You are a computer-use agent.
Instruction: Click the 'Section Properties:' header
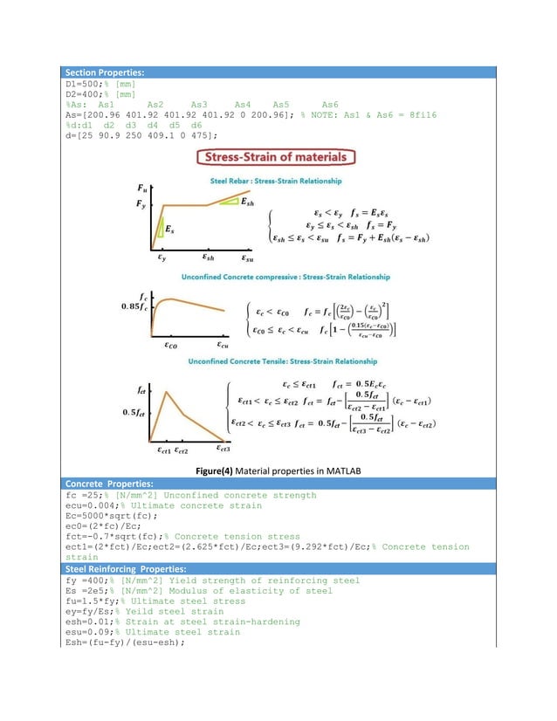(x=107, y=72)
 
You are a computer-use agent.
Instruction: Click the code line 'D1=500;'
(x=86, y=83)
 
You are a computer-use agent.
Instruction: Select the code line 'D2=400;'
(x=86, y=93)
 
